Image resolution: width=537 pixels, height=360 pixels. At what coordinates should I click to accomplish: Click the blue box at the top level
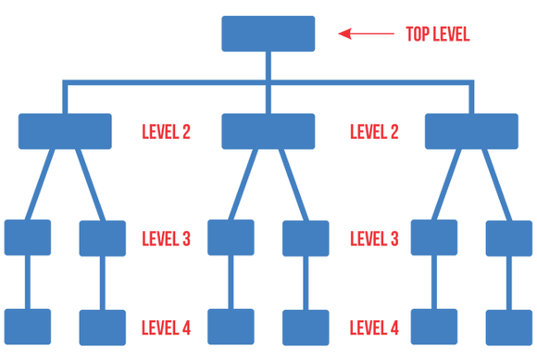(268, 33)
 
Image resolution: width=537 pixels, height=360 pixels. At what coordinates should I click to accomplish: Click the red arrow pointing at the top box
(366, 35)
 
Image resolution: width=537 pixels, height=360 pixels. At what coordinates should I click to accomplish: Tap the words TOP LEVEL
(438, 35)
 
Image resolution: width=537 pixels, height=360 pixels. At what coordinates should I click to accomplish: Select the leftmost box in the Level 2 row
(65, 131)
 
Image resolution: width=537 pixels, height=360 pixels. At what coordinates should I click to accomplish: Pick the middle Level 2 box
(268, 131)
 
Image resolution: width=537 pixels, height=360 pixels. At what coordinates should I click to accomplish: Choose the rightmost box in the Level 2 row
(471, 131)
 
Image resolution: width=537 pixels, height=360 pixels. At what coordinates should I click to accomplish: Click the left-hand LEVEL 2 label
(166, 131)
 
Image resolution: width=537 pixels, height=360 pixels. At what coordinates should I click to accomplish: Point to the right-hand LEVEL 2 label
(375, 131)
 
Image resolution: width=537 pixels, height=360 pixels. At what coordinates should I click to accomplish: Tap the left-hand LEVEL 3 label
(166, 239)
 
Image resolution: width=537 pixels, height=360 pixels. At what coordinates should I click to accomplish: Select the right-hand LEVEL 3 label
(375, 239)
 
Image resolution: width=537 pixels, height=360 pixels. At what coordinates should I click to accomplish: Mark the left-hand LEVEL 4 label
(166, 328)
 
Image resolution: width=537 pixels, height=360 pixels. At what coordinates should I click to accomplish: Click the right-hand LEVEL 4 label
(375, 328)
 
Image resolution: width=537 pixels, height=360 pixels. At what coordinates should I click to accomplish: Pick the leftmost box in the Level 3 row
(28, 238)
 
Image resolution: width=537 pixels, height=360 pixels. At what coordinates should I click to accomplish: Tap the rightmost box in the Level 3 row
(509, 238)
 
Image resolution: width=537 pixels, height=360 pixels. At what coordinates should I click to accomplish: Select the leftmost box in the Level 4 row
(28, 327)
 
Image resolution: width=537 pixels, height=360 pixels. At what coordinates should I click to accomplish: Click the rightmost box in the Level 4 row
(509, 327)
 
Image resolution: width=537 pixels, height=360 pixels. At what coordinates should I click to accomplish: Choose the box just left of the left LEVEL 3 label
(103, 238)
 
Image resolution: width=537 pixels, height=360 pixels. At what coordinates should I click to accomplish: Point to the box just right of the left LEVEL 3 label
(231, 238)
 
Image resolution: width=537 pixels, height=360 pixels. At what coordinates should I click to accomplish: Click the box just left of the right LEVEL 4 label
(306, 327)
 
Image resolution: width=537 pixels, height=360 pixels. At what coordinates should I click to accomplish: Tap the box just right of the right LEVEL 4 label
(434, 327)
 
